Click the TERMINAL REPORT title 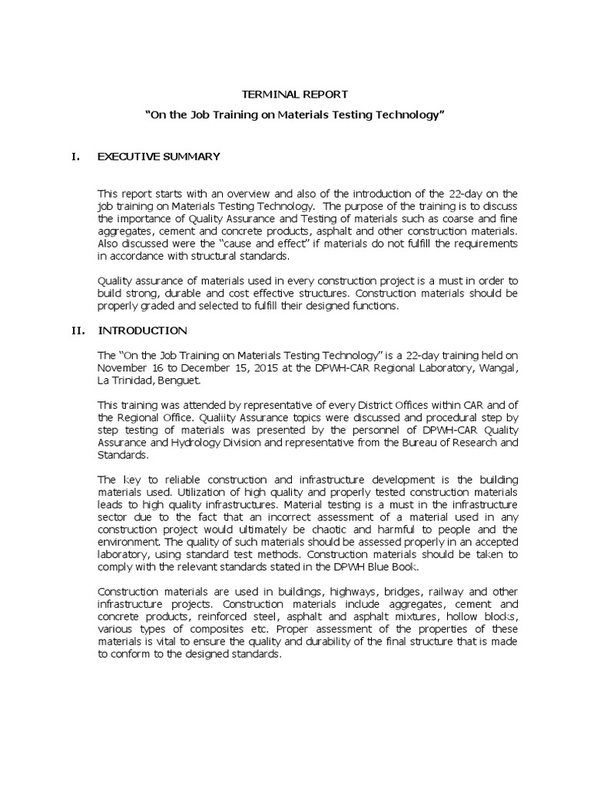click(x=295, y=94)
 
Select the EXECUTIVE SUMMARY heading click(x=158, y=157)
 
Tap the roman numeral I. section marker click(x=75, y=157)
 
